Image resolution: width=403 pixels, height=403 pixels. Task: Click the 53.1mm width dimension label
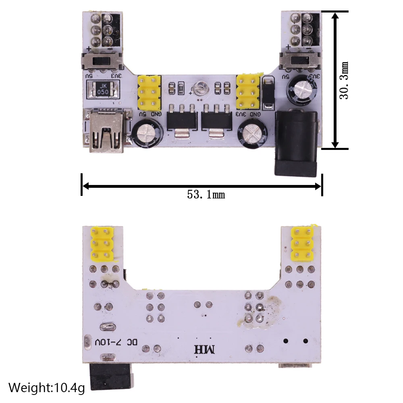click(206, 195)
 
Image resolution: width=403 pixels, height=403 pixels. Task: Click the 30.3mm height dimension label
click(344, 81)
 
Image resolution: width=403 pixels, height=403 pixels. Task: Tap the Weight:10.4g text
click(47, 388)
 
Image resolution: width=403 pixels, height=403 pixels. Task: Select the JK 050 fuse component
click(103, 89)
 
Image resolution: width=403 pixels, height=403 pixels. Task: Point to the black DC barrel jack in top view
click(297, 143)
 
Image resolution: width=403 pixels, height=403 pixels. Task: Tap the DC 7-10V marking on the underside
click(116, 343)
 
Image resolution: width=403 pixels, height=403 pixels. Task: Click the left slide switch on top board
click(102, 62)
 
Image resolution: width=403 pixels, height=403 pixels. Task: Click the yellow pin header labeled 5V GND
click(149, 93)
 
